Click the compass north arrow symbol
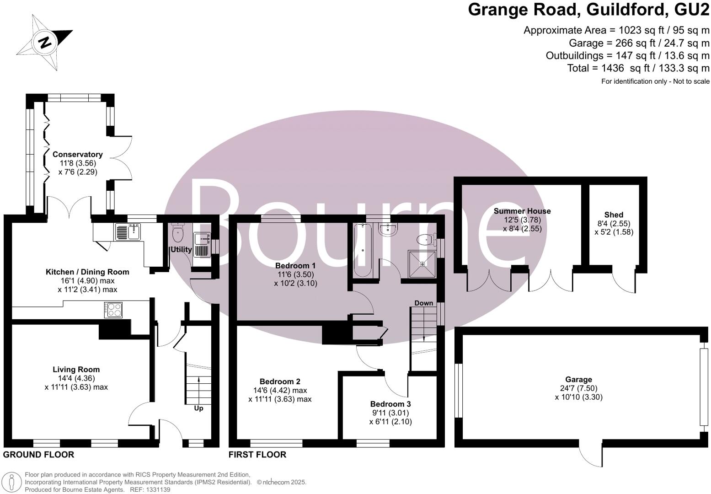(x=44, y=42)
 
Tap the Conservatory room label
(x=77, y=155)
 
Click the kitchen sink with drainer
(x=128, y=232)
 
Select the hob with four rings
(x=114, y=310)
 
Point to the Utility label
(x=181, y=250)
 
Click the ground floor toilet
(x=178, y=233)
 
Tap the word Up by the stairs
(x=198, y=408)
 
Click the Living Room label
(x=76, y=370)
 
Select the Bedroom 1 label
(x=295, y=266)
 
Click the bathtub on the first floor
(x=363, y=251)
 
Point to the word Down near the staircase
(x=423, y=303)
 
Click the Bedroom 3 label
(x=390, y=404)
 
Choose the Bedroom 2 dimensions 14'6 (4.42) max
(x=280, y=391)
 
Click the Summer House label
(x=522, y=211)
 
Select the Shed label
(x=614, y=215)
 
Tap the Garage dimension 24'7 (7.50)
(x=578, y=388)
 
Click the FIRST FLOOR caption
(x=257, y=455)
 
